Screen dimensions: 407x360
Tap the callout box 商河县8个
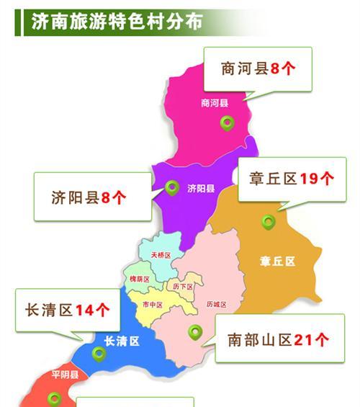tap(257, 69)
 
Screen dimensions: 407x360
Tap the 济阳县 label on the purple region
tap(201, 189)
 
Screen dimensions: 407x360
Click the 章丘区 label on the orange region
tap(278, 261)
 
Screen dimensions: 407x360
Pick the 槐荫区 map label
tap(139, 279)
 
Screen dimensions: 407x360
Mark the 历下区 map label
tap(184, 286)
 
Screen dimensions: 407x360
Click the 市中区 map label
tap(153, 305)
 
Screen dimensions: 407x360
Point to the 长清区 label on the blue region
tap(122, 341)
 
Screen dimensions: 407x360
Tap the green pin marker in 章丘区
tap(269, 222)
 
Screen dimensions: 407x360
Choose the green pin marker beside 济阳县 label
tap(171, 187)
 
